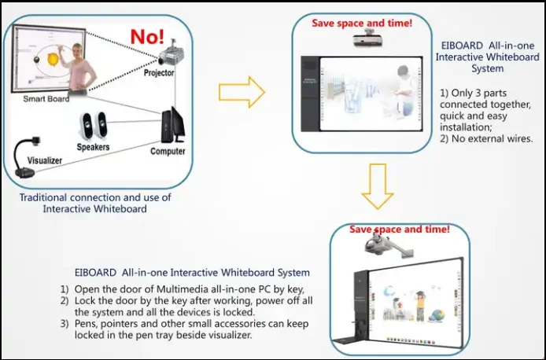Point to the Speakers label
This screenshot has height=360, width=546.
point(94,147)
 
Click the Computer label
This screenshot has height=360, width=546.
point(168,151)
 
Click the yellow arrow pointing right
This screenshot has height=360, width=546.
point(239,91)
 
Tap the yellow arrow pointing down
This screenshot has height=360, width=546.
point(378,188)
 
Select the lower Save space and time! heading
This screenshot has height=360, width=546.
point(399,230)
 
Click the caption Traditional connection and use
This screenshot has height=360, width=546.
point(95,197)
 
